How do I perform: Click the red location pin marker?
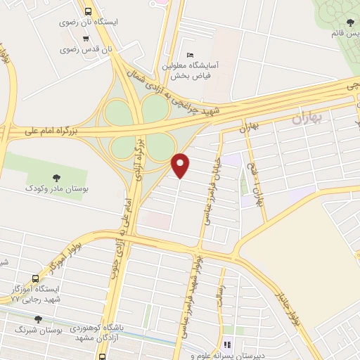pyautogui.click(x=181, y=165)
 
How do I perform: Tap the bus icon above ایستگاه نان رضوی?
pyautogui.click(x=87, y=11)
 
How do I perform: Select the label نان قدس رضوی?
pyautogui.click(x=86, y=49)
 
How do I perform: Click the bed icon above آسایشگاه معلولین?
pyautogui.click(x=189, y=56)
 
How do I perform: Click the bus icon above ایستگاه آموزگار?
pyautogui.click(x=38, y=279)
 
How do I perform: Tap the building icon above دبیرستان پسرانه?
pyautogui.click(x=226, y=345)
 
